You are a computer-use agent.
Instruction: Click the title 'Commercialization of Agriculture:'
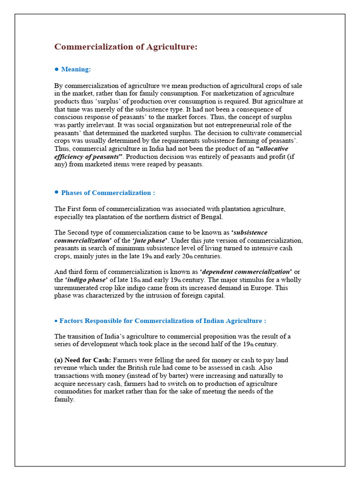click(x=126, y=47)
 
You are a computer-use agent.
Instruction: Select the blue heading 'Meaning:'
click(x=76, y=69)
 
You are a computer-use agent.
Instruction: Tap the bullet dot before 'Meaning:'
click(x=57, y=69)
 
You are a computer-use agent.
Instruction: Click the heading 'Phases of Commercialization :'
click(x=108, y=193)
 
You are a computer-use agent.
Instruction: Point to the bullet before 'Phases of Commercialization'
click(x=57, y=192)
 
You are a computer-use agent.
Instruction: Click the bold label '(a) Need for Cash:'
click(x=82, y=360)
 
